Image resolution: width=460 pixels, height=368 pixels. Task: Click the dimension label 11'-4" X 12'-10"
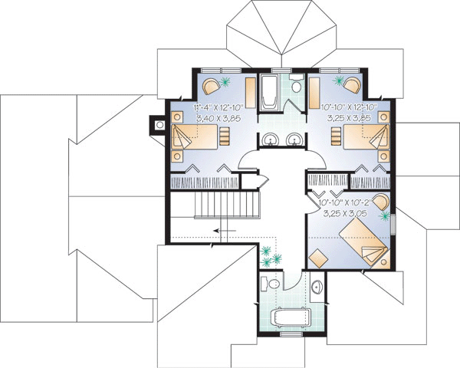click(x=219, y=107)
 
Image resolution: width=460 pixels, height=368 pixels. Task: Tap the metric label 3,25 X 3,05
click(x=345, y=214)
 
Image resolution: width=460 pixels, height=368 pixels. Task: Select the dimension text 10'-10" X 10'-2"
click(x=345, y=202)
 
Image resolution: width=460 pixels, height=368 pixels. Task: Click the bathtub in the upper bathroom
click(x=269, y=92)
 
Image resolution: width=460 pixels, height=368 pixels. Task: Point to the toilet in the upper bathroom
click(x=296, y=84)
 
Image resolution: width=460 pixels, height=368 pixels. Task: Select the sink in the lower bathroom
click(x=317, y=286)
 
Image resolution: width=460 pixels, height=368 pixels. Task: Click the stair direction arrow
click(x=225, y=231)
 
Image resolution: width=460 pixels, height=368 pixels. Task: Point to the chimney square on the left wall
click(x=160, y=125)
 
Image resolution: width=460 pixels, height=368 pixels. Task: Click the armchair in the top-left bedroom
click(x=211, y=85)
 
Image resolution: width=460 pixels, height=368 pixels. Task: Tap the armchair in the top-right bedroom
click(x=352, y=85)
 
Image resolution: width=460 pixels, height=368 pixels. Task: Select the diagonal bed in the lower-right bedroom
click(x=363, y=242)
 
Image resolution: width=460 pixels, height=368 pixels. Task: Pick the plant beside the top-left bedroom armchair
click(x=225, y=81)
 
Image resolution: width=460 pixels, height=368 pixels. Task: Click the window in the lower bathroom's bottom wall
click(x=291, y=334)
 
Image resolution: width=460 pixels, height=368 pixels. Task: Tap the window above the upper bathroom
click(x=281, y=70)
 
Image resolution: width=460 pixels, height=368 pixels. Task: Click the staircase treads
click(x=227, y=205)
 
